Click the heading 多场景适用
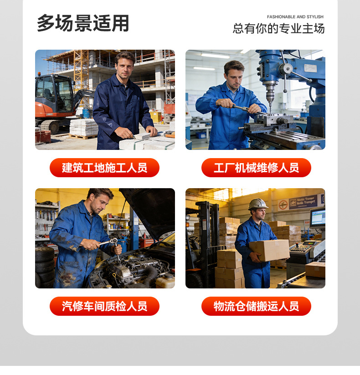tap(83, 23)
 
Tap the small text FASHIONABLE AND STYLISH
tap(295, 17)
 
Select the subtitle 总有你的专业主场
tap(278, 29)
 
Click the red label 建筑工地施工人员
tap(104, 168)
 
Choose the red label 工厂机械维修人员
tap(256, 168)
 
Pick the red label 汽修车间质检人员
tap(104, 306)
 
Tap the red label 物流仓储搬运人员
tap(256, 306)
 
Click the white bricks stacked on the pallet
tap(83, 127)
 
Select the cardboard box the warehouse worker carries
tap(269, 250)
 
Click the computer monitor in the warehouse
tap(318, 217)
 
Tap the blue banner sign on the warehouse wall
tap(303, 202)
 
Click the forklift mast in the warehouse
tap(207, 241)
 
